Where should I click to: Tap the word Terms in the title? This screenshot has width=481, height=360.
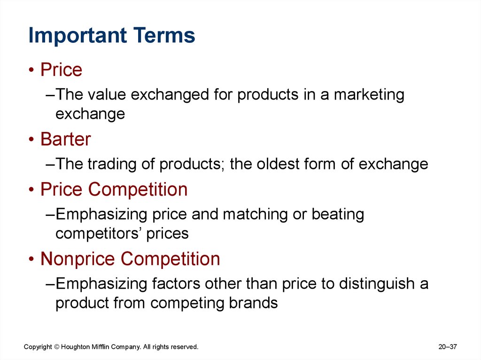tap(164, 35)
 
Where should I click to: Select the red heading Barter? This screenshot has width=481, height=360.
tap(66, 139)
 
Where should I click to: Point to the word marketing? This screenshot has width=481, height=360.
tap(369, 95)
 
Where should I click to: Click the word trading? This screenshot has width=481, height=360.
tap(112, 164)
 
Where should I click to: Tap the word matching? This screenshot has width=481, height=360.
tap(255, 214)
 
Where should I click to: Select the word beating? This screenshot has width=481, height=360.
tap(338, 214)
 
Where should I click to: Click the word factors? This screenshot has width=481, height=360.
tap(176, 283)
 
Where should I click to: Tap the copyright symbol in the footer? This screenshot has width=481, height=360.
tap(57, 347)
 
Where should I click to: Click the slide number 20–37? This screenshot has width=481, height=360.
tap(448, 347)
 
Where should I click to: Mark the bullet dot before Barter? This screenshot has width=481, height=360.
tap(31, 139)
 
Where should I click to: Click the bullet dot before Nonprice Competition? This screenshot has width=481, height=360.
tap(31, 259)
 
